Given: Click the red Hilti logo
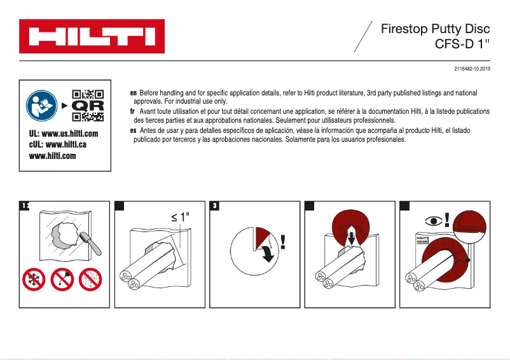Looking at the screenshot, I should pos(92,36).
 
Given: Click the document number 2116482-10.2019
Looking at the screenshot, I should pos(472,69).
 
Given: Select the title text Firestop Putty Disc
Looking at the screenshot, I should pos(436,29).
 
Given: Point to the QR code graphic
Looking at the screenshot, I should pos(88,106).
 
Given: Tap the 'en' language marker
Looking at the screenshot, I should pos(133,93).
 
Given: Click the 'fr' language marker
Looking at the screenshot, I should pos(132,111).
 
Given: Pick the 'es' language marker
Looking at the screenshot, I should pos(133,130).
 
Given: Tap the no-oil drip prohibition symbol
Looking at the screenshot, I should pos(62,280).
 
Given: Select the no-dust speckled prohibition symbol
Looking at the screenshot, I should pos(90,280).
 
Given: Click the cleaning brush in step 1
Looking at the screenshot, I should pos(87,240).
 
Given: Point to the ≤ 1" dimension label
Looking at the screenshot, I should pos(181,217).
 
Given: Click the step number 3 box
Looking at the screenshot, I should pos(216,205).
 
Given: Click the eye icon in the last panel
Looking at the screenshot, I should pos(434,221).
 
